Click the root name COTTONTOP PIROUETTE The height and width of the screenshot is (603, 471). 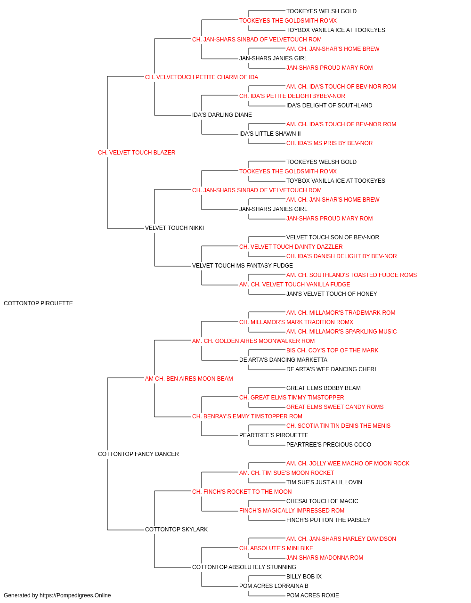tap(38, 303)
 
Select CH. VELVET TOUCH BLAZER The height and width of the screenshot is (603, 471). tap(137, 153)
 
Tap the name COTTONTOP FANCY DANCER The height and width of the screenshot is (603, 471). tap(138, 454)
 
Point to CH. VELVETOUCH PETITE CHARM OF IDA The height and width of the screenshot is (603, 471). tap(202, 77)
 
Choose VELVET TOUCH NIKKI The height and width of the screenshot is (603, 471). tap(174, 228)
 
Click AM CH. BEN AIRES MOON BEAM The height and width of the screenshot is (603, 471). tap(189, 379)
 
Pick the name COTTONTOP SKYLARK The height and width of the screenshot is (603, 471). tap(176, 530)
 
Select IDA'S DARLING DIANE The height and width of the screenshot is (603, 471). tap(222, 115)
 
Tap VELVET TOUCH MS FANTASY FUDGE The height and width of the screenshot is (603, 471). tap(243, 266)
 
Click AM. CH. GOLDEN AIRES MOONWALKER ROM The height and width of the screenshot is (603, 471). tap(253, 341)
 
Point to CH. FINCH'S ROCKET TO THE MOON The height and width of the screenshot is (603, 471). tap(242, 492)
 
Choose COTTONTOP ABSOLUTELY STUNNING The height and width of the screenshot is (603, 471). tap(244, 567)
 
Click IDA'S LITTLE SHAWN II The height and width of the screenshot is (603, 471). tap(270, 134)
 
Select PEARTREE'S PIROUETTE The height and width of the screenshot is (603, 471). tap(274, 435)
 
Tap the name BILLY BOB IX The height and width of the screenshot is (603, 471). tap(304, 577)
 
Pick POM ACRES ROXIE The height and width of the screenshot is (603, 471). tap(313, 595)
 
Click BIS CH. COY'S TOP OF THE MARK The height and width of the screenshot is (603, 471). tap(333, 350)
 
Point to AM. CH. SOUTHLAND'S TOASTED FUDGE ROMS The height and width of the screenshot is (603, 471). tap(351, 275)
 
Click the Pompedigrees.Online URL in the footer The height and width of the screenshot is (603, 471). tap(75, 595)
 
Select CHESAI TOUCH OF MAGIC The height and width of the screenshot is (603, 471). tap(322, 501)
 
